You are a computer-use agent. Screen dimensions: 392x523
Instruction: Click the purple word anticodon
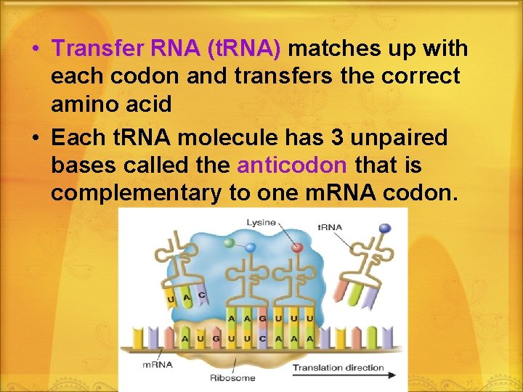point(291,165)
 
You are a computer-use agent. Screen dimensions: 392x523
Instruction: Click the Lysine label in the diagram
point(261,222)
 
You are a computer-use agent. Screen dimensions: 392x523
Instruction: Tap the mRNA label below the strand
point(158,364)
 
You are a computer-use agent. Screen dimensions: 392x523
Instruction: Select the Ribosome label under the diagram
point(232,377)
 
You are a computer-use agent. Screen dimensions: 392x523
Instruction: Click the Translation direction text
point(338,367)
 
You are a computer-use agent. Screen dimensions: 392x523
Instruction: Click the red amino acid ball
point(296,247)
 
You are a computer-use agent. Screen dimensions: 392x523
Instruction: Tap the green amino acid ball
point(230,242)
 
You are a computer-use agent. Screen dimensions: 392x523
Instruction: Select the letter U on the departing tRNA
point(171,298)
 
